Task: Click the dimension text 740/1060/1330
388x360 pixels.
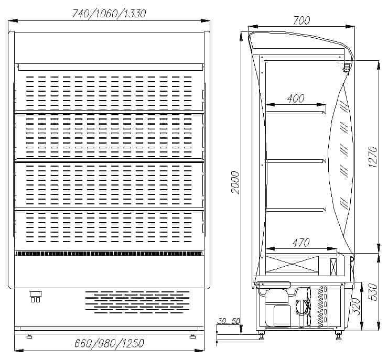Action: point(109,14)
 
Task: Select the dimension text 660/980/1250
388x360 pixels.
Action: point(109,343)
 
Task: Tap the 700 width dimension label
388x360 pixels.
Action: point(301,20)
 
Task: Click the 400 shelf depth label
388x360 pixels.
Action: point(296,99)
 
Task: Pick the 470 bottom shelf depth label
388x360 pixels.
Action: point(301,243)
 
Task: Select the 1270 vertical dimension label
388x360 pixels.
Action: point(373,157)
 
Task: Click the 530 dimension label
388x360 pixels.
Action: point(373,292)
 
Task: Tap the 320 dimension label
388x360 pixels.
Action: point(356,306)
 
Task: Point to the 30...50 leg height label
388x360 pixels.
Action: point(229,321)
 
